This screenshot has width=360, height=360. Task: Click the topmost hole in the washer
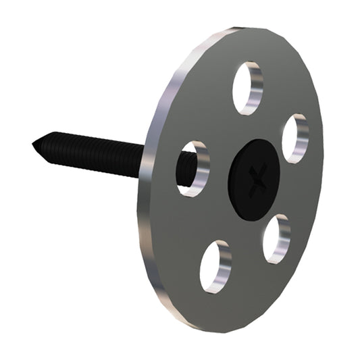[247, 88]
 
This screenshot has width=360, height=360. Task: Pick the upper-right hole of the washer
[294, 138]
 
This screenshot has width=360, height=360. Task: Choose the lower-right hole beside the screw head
[276, 239]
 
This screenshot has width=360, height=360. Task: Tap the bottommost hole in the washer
[215, 266]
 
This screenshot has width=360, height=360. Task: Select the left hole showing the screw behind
[192, 169]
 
